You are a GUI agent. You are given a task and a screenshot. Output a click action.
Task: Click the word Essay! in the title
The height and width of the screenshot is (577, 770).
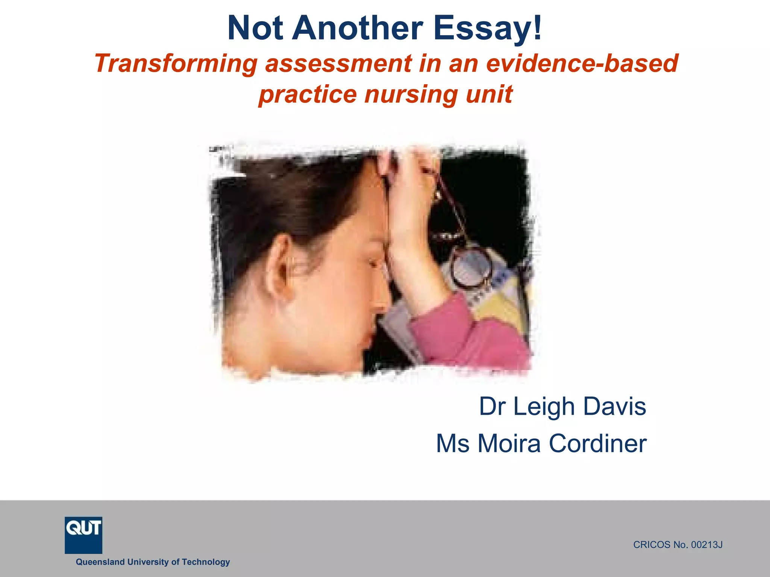click(488, 29)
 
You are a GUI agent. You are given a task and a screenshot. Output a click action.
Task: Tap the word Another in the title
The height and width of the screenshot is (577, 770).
click(357, 29)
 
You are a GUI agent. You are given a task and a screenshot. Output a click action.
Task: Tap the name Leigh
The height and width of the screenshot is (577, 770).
click(544, 406)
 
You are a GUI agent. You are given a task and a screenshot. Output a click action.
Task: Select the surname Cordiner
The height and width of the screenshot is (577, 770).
click(598, 444)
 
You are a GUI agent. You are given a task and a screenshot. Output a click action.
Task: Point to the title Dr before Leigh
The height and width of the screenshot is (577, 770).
click(493, 406)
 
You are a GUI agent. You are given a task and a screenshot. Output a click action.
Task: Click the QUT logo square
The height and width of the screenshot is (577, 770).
click(83, 535)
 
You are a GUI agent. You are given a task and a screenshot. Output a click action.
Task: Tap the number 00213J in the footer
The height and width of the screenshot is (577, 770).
click(707, 545)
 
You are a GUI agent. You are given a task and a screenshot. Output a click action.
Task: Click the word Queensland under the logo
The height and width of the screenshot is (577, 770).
click(100, 562)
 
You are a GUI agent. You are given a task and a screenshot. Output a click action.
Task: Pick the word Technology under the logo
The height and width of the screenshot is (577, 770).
click(206, 562)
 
